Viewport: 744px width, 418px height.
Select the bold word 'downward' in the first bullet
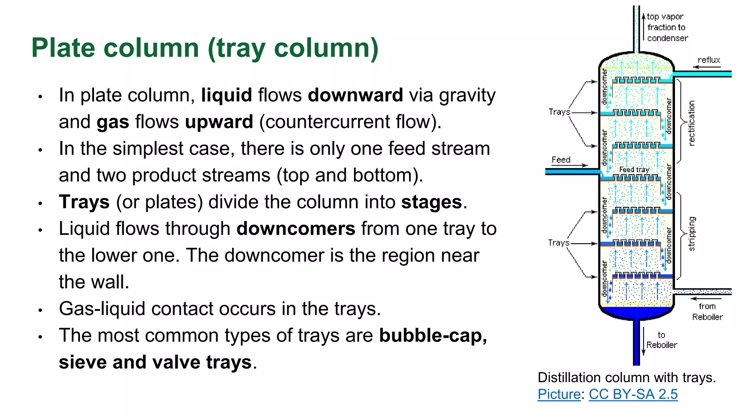tap(355, 95)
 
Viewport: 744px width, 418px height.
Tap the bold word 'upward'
tap(219, 122)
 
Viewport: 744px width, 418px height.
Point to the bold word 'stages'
tap(431, 202)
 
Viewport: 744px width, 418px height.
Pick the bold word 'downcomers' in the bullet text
tap(295, 229)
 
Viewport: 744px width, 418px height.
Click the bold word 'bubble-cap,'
tap(433, 336)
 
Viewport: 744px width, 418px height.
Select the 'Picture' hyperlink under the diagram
tap(559, 394)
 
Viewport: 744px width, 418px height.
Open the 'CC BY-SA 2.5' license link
tap(633, 394)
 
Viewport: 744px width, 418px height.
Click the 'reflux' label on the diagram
tap(708, 60)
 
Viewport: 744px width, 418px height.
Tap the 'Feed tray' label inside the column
tap(634, 169)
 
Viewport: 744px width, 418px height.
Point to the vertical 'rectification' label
tap(691, 123)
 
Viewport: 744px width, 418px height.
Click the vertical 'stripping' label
tap(691, 234)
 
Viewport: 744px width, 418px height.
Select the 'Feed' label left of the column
tap(561, 160)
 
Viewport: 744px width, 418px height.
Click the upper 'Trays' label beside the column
tap(559, 112)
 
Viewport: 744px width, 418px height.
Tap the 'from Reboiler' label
tap(707, 312)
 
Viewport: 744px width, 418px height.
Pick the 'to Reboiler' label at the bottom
tap(662, 340)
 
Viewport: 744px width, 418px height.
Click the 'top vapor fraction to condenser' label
tap(667, 28)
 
